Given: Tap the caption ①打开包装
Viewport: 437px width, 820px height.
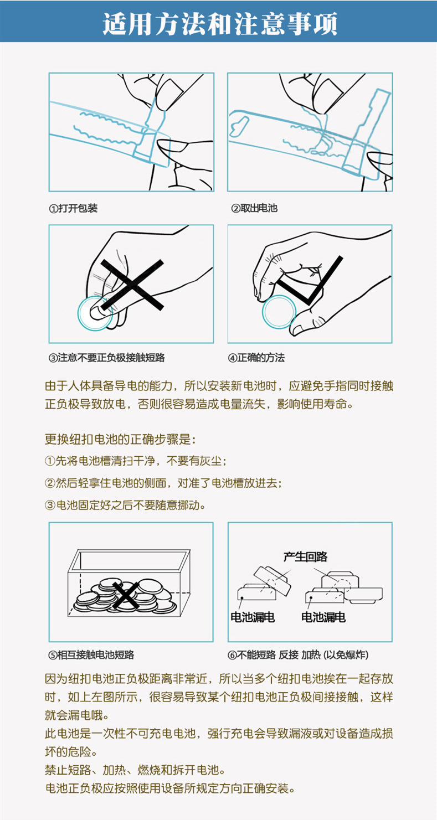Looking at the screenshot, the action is (x=73, y=208).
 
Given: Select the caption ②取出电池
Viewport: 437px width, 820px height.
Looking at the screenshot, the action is (x=254, y=208).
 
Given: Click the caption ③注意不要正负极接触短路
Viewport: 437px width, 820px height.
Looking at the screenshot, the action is (x=106, y=357).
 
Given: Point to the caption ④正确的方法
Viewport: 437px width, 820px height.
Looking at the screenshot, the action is (x=256, y=357).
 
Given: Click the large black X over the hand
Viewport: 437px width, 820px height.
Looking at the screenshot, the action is (x=132, y=285).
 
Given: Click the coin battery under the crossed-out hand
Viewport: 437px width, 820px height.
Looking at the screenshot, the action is (x=95, y=313).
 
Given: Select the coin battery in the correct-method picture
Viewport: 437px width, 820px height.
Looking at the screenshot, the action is (x=279, y=311).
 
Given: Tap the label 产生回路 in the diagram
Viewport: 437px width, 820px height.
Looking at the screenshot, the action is (x=305, y=556).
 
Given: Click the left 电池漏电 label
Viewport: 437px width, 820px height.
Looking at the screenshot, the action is (x=253, y=617).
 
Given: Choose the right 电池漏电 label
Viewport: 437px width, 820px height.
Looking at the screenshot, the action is (x=323, y=617).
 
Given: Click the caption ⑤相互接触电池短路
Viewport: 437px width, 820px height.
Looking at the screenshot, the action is (x=91, y=654).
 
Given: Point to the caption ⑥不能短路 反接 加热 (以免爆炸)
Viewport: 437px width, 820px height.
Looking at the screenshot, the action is (x=298, y=654).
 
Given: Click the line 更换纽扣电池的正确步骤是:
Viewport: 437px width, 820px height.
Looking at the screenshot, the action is (x=120, y=439).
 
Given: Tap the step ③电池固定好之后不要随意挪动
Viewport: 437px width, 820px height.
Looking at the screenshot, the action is (x=125, y=505).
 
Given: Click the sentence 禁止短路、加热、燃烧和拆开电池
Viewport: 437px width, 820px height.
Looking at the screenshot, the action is (x=135, y=770).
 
